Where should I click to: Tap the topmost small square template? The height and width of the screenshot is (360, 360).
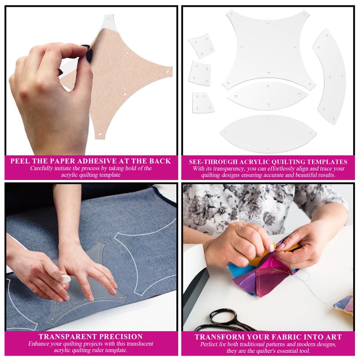[201, 45]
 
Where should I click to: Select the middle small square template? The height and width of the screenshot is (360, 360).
[199, 73]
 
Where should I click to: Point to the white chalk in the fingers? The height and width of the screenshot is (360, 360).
[66, 279]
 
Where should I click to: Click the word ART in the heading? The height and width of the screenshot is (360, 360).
[332, 337]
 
